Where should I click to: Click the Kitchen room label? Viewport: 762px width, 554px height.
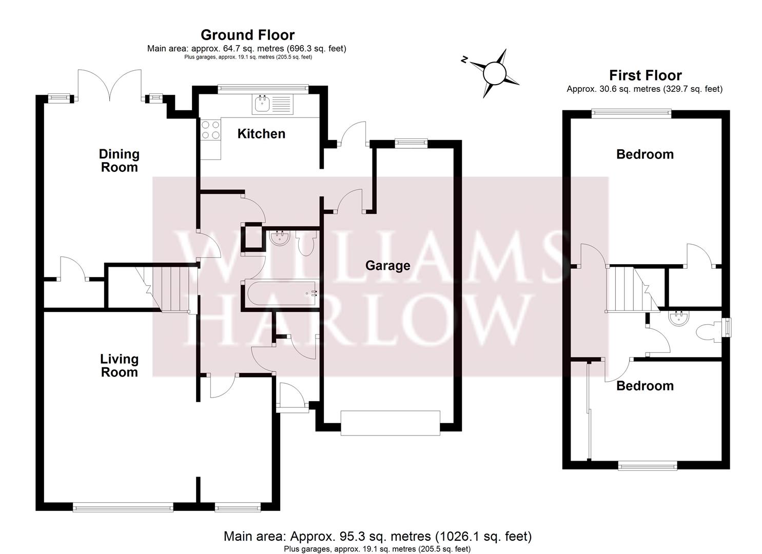261,134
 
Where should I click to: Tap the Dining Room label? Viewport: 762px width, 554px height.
119,161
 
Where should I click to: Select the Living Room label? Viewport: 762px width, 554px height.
119,366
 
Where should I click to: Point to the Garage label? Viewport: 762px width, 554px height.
387,266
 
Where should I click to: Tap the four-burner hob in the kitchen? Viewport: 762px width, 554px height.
210,130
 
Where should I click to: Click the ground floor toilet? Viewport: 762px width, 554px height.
306,244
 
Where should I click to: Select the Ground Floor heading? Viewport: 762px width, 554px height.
247,35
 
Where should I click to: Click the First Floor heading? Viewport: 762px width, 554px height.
645,75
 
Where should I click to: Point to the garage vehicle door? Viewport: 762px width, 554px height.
390,423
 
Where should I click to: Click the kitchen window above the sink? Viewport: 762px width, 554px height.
263,88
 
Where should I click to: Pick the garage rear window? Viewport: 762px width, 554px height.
411,144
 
